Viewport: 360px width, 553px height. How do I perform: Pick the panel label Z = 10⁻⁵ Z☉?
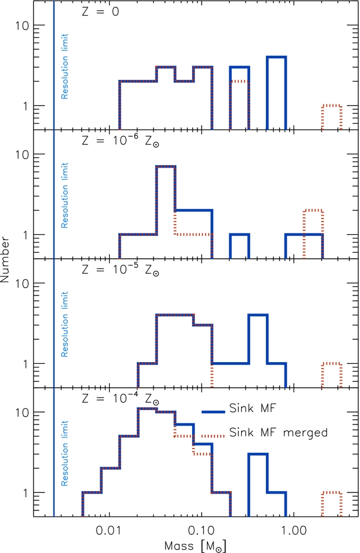pos(118,271)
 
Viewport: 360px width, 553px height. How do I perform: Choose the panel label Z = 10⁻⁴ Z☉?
pos(118,400)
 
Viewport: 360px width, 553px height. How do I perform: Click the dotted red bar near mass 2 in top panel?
pos(331,117)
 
